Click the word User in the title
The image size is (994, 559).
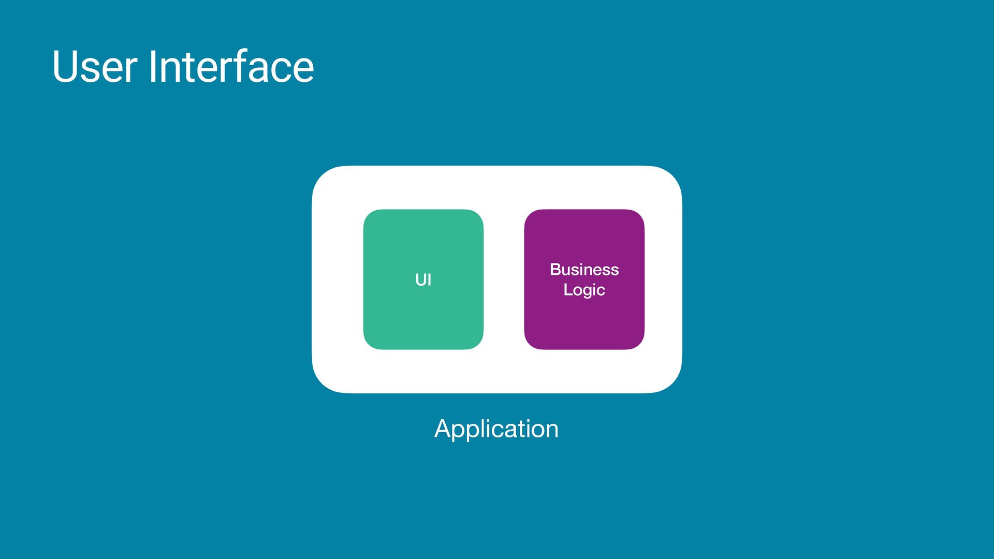pos(94,67)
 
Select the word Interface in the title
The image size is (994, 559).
pos(231,67)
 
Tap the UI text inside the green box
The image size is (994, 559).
pos(423,280)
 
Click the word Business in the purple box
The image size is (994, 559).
pos(584,270)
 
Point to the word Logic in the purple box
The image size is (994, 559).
pos(584,290)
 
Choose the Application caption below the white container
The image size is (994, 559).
pos(496,429)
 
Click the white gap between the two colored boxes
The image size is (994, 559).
pos(504,279)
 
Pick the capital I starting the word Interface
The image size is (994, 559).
pos(153,67)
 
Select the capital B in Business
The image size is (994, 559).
pos(555,270)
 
